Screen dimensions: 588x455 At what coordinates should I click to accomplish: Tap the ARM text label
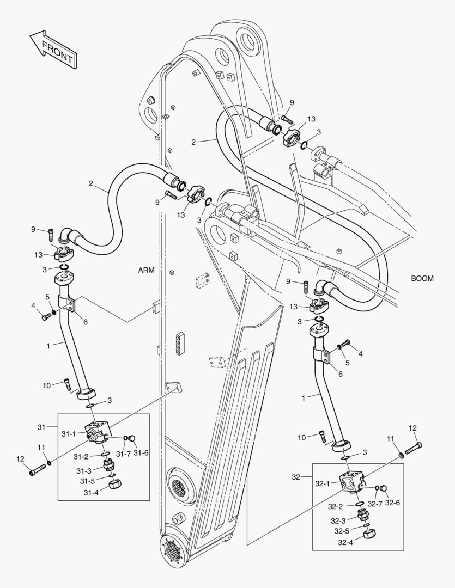coord(147,269)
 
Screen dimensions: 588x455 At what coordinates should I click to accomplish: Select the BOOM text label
coord(422,278)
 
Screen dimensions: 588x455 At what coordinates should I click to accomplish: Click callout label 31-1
coord(69,434)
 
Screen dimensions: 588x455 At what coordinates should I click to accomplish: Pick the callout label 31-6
coord(141,453)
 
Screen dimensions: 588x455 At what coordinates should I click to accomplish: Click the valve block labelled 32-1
coord(350,482)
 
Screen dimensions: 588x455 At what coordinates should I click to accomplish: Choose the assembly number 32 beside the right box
coord(296,477)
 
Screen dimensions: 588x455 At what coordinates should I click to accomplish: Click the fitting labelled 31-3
coord(108,465)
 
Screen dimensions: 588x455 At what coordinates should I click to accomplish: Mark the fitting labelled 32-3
coord(362,515)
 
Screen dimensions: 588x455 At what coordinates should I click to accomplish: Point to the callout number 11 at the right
coord(391,439)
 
